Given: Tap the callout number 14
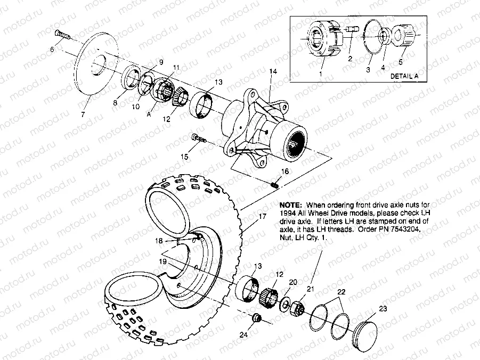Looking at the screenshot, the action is (x=272, y=71).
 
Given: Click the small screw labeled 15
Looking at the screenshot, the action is (x=199, y=138).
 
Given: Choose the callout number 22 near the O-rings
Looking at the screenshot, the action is (x=341, y=291).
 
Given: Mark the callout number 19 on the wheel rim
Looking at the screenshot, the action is (x=164, y=261).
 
